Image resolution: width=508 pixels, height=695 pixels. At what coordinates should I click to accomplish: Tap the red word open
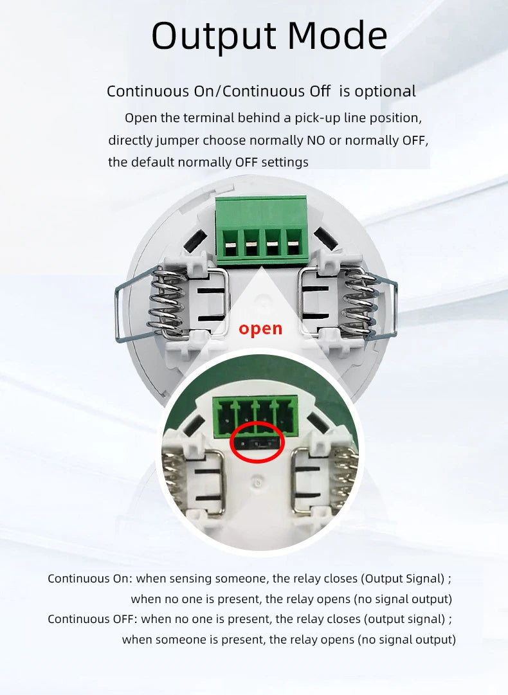[x=260, y=329]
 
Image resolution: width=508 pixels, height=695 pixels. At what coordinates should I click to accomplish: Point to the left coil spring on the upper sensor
[x=168, y=302]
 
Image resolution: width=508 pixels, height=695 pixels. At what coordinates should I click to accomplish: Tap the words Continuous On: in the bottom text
[x=90, y=579]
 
